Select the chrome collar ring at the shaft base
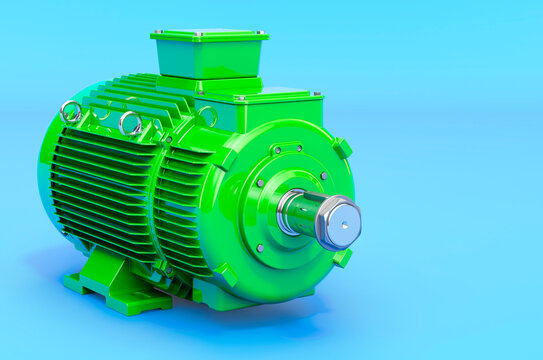(x=290, y=212)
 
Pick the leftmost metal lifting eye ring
(x=71, y=112)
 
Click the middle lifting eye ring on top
(x=130, y=123)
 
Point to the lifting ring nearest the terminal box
(x=206, y=116)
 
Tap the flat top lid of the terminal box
(x=209, y=36)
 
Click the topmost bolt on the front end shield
(x=299, y=150)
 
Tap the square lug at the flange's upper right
(x=343, y=148)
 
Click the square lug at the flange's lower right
(x=343, y=258)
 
